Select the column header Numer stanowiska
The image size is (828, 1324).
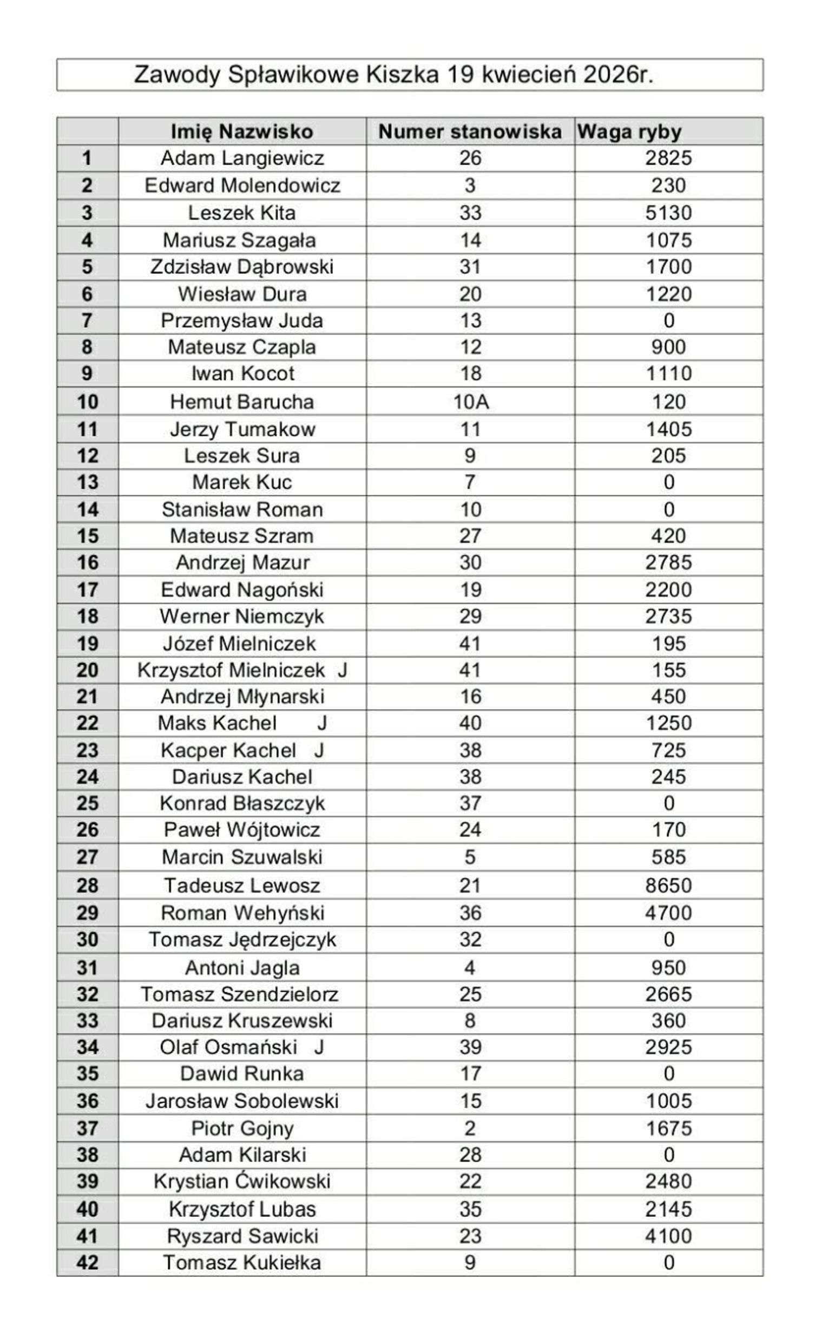470,132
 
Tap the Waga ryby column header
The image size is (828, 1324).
629,132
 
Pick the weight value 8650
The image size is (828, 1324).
668,886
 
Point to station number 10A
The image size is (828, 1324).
470,402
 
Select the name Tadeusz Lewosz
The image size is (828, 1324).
241,886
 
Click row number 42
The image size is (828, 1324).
87,1262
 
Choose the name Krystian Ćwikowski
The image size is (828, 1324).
241,1181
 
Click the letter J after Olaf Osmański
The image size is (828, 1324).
319,1047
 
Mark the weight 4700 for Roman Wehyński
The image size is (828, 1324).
668,913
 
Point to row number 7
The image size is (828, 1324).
87,320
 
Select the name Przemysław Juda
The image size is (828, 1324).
241,320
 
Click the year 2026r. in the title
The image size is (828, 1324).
618,75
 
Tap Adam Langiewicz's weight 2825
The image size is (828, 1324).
668,158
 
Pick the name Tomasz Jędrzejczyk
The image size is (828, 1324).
242,940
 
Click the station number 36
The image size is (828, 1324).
470,913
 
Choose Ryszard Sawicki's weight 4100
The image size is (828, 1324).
668,1236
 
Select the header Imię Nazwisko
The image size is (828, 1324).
241,132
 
